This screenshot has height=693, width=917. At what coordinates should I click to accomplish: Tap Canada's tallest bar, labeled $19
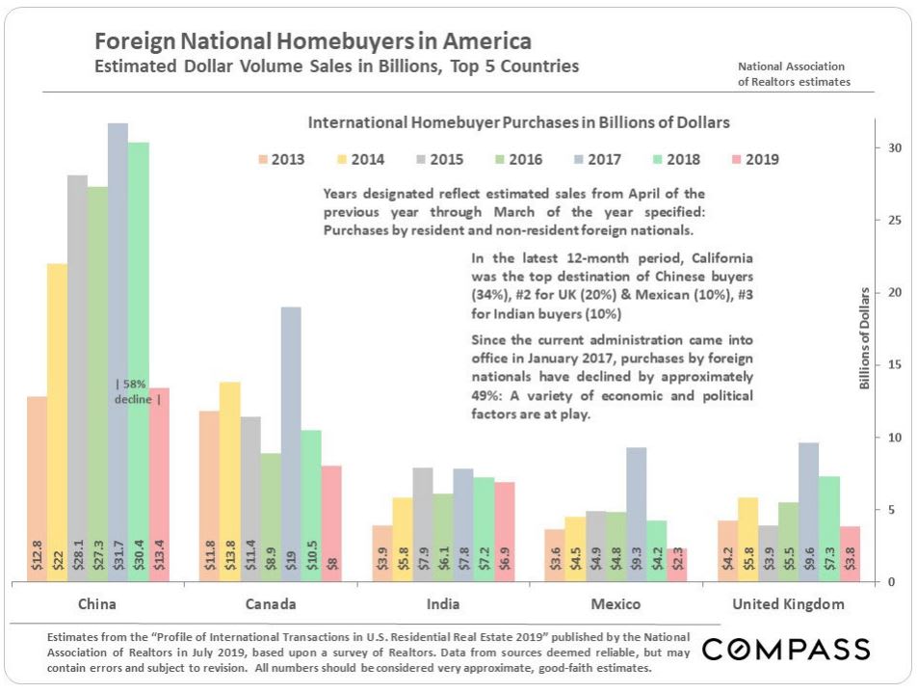(x=291, y=443)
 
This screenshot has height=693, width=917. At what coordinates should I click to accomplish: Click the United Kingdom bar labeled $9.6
(x=808, y=512)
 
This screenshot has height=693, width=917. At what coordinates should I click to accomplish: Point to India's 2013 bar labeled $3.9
(x=382, y=553)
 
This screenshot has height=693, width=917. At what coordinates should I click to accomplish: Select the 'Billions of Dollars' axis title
(x=865, y=338)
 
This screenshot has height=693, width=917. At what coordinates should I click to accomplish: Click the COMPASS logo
(x=786, y=650)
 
